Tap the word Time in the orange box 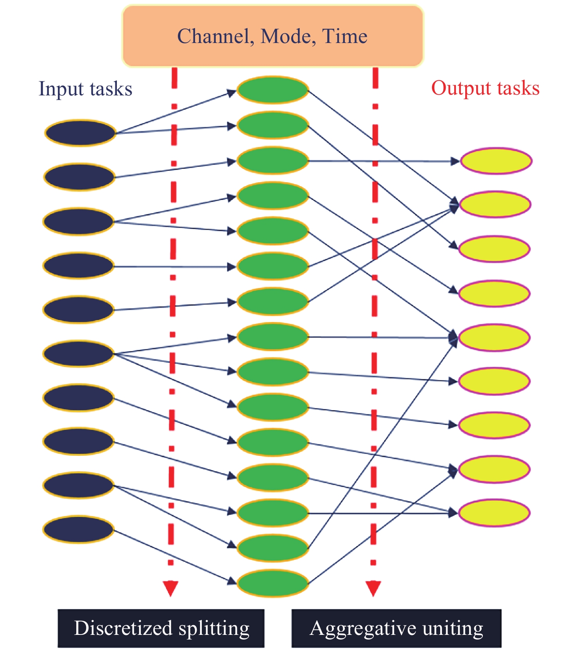point(345,36)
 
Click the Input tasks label point(85,89)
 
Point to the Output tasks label point(485,88)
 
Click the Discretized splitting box point(161,628)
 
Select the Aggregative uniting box point(396,628)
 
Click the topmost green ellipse point(272,90)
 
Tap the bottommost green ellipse point(272,583)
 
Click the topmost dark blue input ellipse point(80,133)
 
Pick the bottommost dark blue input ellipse point(78,529)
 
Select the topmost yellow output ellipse point(496,161)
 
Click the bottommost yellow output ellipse point(494,513)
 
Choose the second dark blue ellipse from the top point(79,177)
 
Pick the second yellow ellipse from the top point(495,204)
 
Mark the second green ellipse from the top point(272,125)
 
